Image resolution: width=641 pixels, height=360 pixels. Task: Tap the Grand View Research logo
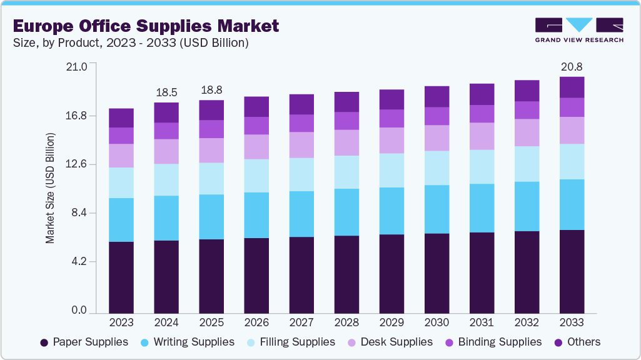coord(578,29)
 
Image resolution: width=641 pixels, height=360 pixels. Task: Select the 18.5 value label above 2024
coord(166,92)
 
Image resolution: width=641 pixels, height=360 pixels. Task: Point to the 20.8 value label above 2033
coord(572,66)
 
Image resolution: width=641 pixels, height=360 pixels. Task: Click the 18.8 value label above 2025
coord(211,90)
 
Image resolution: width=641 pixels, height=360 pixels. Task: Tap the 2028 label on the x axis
coord(346,322)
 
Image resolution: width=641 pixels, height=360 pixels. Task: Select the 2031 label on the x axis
coord(482,322)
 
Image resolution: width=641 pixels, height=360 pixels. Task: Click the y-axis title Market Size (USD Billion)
coord(50,188)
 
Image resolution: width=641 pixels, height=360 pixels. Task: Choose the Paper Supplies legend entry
coord(84,342)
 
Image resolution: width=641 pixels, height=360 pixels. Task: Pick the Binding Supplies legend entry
coord(493,342)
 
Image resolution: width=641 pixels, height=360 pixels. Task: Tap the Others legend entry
coord(577,342)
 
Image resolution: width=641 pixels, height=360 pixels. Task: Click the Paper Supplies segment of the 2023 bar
coord(121,277)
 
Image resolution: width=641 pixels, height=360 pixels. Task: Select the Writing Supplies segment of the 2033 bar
coord(572,204)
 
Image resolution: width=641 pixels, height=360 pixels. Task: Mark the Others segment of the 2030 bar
coord(437,96)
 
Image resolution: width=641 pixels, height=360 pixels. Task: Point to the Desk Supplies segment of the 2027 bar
coord(301,144)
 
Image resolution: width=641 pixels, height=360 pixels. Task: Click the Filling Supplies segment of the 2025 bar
coord(211,178)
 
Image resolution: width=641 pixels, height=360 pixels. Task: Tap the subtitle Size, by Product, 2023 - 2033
coord(131,43)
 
